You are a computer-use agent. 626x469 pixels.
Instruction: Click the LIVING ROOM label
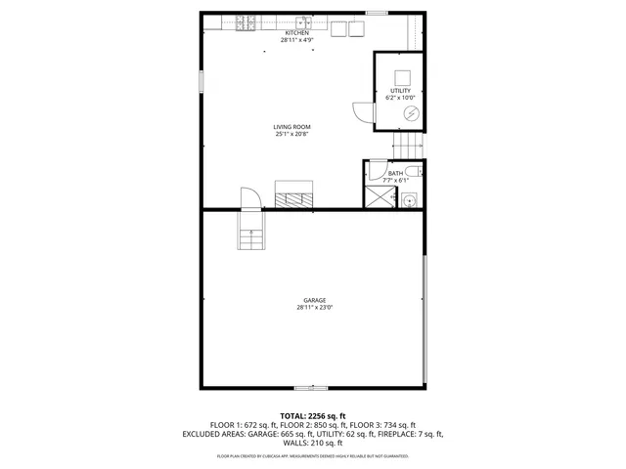coord(291,127)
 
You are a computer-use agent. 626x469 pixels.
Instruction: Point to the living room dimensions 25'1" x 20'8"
coord(291,135)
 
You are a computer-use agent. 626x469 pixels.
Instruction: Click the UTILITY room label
coord(401,91)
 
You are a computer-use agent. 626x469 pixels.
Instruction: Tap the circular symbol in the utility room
coord(410,113)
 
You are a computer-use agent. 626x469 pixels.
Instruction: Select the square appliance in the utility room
coord(402,77)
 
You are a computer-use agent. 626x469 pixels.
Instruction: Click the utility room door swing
coord(362,112)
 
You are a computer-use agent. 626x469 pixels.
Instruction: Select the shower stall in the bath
coord(377,196)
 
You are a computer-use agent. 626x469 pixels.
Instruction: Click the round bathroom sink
coord(410,199)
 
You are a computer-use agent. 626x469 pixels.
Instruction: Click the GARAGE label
coord(314,300)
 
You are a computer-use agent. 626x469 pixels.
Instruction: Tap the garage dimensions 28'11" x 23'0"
coord(314,308)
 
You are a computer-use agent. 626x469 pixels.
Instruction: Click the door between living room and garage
coord(249,199)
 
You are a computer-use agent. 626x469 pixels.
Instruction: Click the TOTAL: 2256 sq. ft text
coord(313,416)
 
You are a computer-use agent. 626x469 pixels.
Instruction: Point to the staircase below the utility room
coord(409,144)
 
